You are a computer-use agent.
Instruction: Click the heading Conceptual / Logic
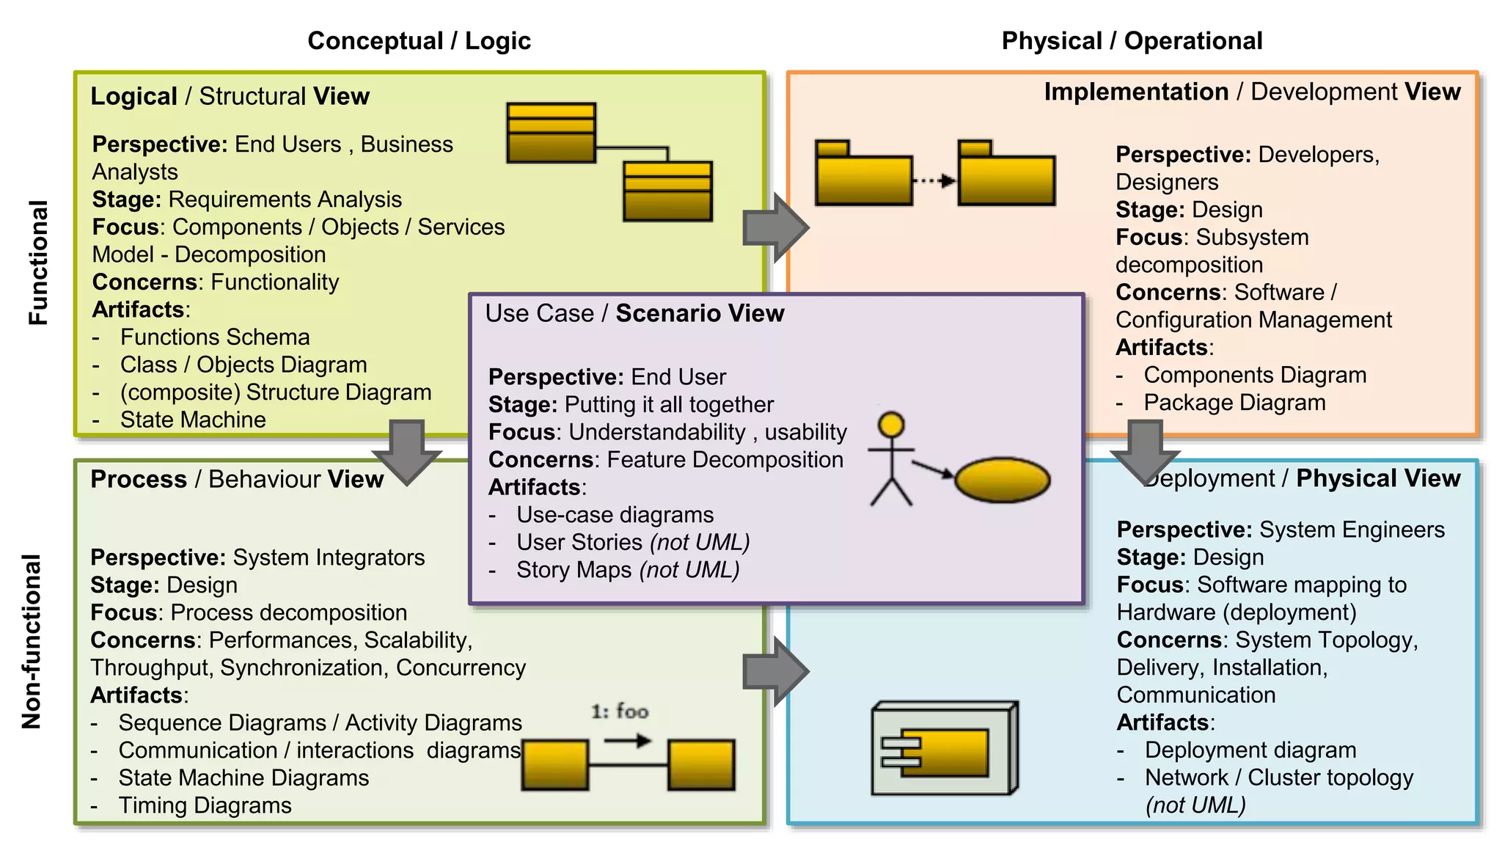(x=419, y=41)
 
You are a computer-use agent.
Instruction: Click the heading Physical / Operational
(x=1132, y=41)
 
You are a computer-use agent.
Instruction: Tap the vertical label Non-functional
(x=32, y=641)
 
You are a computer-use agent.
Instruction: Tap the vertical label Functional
(x=38, y=263)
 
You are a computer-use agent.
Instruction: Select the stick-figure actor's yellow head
(x=891, y=425)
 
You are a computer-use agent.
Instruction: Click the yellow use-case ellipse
(x=1002, y=480)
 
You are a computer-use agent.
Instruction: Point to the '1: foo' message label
(x=620, y=712)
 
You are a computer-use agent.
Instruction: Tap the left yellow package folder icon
(x=864, y=175)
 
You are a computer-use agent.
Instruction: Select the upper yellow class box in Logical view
(x=551, y=133)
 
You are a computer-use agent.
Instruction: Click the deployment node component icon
(x=944, y=749)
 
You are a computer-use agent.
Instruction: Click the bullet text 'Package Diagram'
(x=1234, y=403)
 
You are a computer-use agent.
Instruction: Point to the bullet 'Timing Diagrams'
(x=205, y=805)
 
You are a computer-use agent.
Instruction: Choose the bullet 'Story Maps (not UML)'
(x=627, y=570)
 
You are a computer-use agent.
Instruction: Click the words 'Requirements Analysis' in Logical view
(x=285, y=200)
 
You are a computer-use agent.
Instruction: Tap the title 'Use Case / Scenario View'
(x=634, y=313)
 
